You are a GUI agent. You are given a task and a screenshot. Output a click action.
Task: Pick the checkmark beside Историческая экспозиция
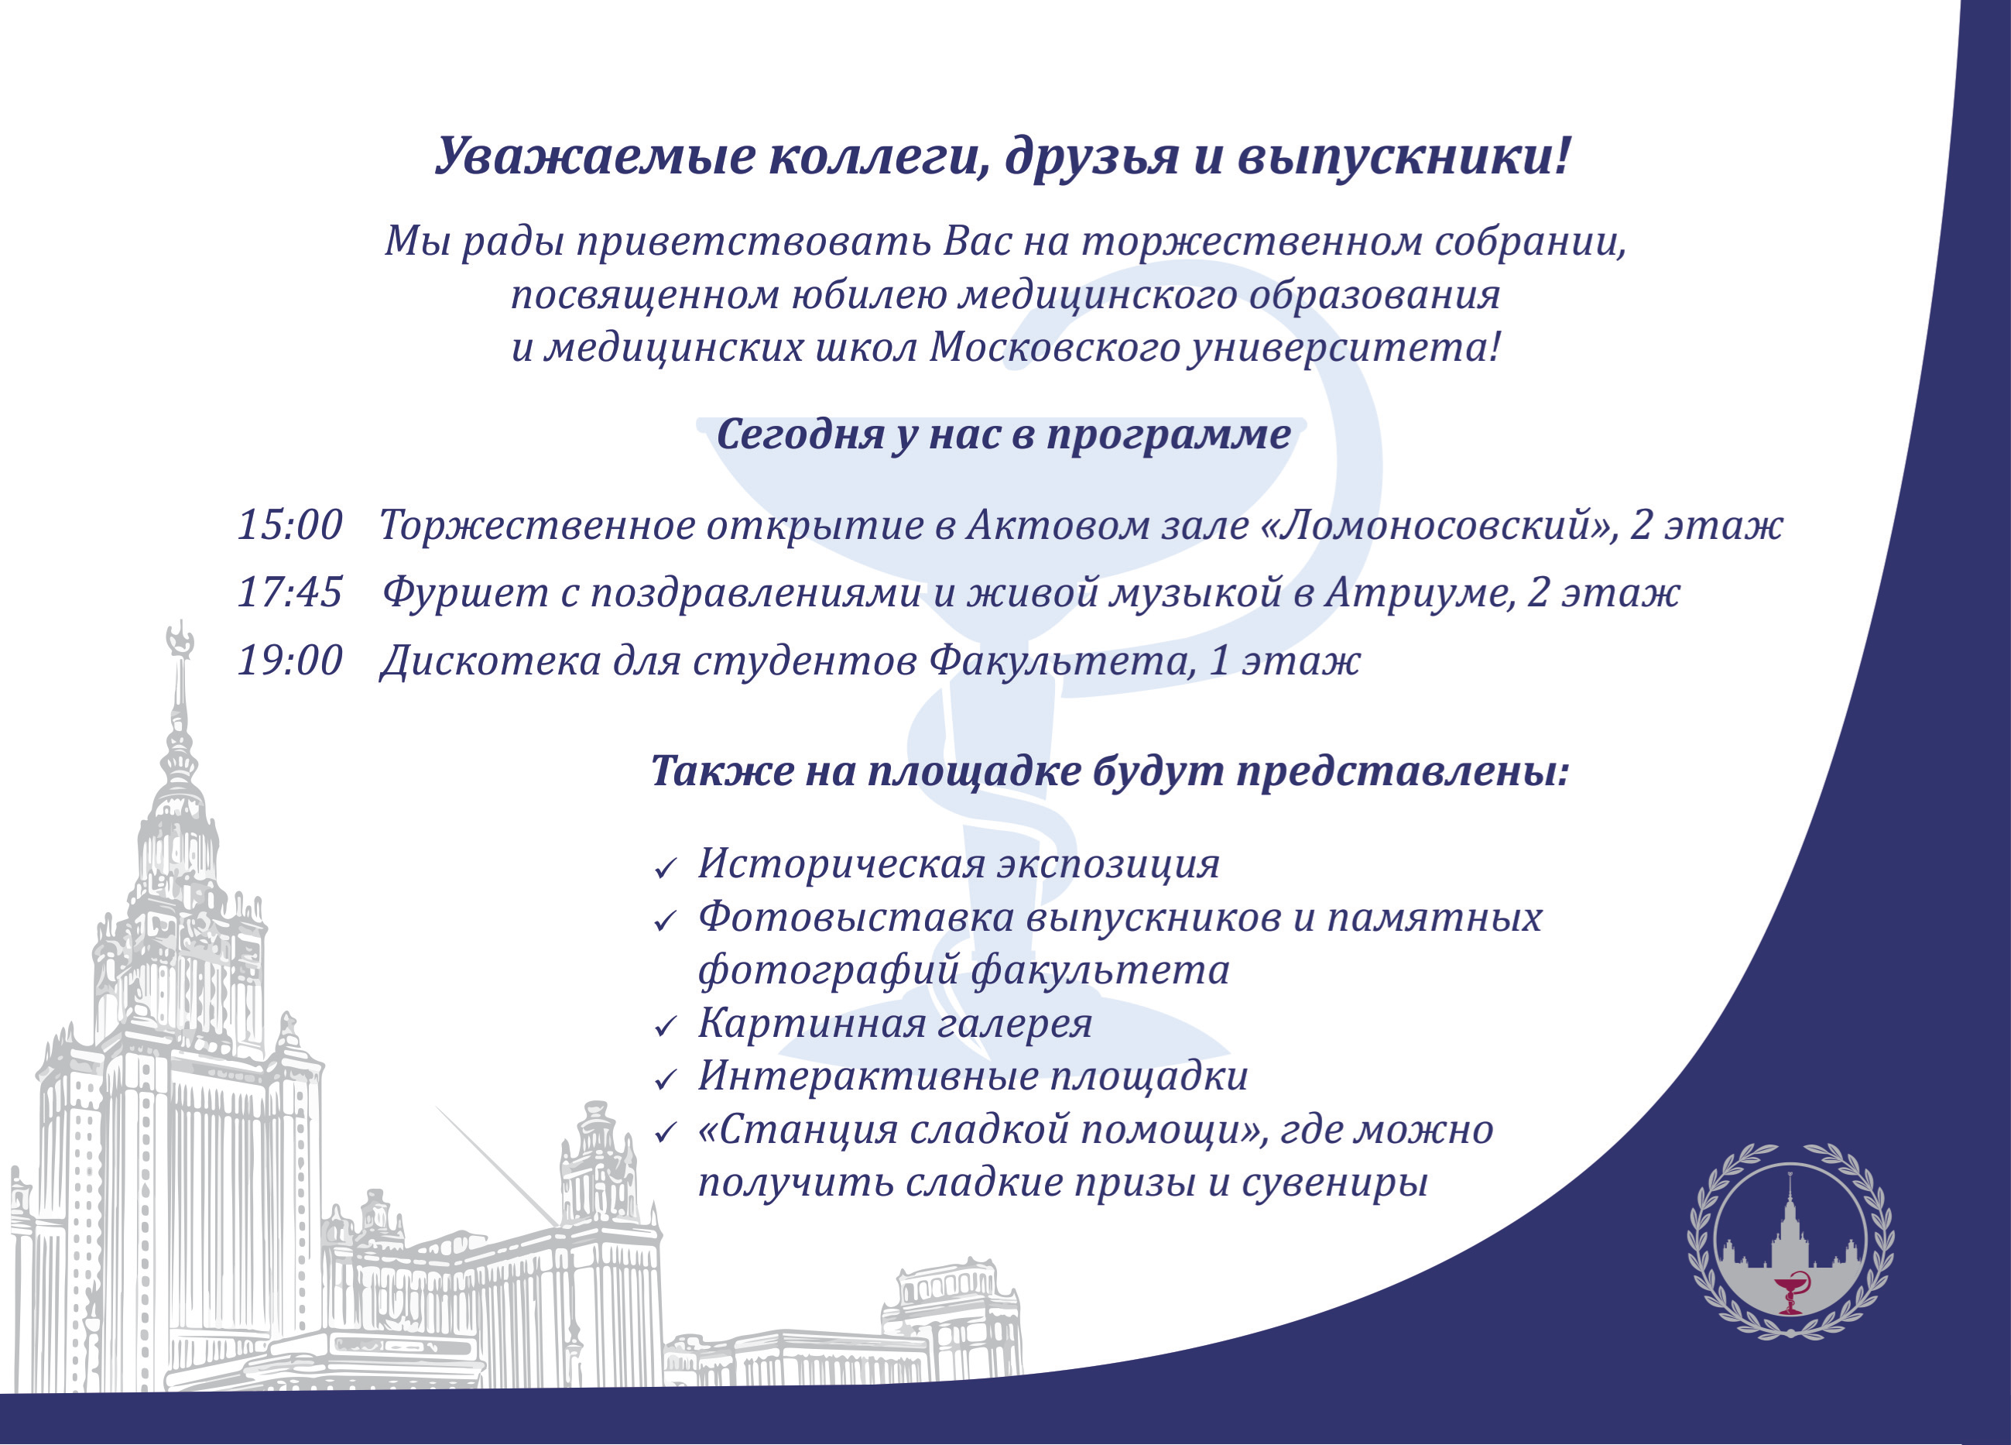[x=665, y=868]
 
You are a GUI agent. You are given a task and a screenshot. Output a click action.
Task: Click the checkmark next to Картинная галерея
[x=665, y=1028]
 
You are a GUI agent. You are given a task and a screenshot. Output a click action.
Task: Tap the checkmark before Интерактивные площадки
[x=665, y=1080]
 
